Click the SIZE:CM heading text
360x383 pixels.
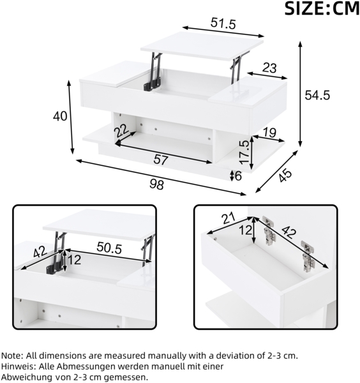click(x=322, y=9)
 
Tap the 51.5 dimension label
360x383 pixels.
click(x=223, y=24)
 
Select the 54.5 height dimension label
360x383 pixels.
click(x=317, y=95)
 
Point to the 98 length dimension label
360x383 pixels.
click(x=156, y=184)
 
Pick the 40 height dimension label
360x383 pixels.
click(x=60, y=116)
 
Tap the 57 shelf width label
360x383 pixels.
click(x=161, y=160)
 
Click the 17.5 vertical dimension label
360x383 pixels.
click(x=244, y=152)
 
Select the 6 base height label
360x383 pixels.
click(x=238, y=176)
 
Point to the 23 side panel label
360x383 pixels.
click(x=269, y=68)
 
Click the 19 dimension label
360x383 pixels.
click(x=269, y=133)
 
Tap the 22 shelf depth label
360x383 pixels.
click(x=121, y=131)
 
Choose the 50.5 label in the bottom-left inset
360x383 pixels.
click(x=109, y=248)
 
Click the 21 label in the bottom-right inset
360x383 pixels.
click(x=228, y=218)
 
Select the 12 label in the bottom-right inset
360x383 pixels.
click(x=246, y=230)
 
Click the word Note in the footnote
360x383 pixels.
click(x=12, y=356)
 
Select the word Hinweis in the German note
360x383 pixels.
click(x=17, y=366)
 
